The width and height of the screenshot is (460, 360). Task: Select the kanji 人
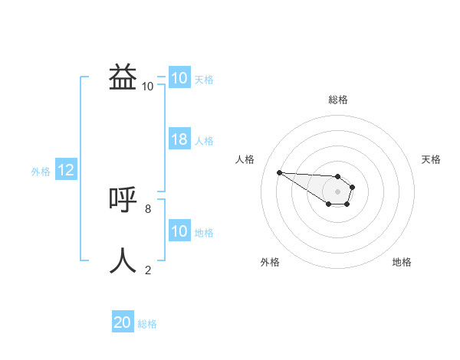pyautogui.click(x=123, y=260)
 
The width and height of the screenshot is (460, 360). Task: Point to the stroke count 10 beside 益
pyautogui.click(x=147, y=86)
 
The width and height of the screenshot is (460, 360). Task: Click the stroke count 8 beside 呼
pyautogui.click(x=148, y=208)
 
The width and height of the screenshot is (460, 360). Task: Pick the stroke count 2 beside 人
pyautogui.click(x=148, y=270)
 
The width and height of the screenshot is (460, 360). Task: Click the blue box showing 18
pyautogui.click(x=179, y=139)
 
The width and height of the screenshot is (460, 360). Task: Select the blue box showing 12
pyautogui.click(x=66, y=171)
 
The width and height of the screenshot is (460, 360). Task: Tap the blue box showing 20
pyautogui.click(x=123, y=322)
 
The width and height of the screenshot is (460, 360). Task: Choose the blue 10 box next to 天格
pyautogui.click(x=179, y=78)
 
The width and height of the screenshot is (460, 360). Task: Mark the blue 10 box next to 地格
pyautogui.click(x=179, y=231)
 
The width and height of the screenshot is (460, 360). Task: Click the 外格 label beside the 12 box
pyautogui.click(x=41, y=172)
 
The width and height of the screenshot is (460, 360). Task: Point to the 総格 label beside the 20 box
pyautogui.click(x=147, y=324)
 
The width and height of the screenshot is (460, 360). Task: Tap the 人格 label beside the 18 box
pyautogui.click(x=204, y=141)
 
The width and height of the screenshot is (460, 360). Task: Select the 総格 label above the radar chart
pyautogui.click(x=338, y=100)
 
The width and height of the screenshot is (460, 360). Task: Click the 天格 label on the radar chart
pyautogui.click(x=432, y=159)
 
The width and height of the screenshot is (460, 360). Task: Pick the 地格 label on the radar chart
pyautogui.click(x=402, y=262)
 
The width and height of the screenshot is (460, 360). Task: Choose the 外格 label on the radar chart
pyautogui.click(x=270, y=262)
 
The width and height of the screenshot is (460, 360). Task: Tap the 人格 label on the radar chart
pyautogui.click(x=245, y=159)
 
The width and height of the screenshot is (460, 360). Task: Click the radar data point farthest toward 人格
pyautogui.click(x=279, y=172)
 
